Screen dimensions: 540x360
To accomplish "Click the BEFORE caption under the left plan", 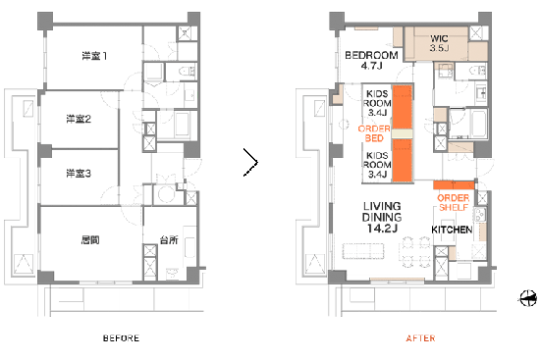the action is point(121,338).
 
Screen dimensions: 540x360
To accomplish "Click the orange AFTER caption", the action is point(420,338).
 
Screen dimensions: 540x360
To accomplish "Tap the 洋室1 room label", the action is point(94,56).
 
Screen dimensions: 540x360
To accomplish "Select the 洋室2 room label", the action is point(79,119).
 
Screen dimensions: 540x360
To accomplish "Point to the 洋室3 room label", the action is point(79,173).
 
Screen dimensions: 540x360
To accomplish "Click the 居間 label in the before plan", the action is point(90,239).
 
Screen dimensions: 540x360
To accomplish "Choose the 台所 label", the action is point(169,239).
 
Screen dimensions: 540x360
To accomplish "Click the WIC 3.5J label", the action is point(439,43).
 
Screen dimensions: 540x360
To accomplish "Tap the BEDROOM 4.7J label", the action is point(371,60).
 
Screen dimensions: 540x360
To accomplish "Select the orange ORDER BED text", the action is point(374,133).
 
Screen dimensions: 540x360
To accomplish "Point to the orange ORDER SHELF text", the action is point(454,203).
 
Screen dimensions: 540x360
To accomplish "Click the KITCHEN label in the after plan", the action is point(452,230).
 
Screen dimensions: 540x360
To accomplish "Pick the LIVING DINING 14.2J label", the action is point(382,217).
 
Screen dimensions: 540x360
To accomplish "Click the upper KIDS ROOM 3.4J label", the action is point(377,103).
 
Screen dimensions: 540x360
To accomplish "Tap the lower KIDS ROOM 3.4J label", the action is point(377,165).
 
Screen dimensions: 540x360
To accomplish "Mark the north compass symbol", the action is point(527,298).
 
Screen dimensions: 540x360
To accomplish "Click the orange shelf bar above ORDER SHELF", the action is point(454,184).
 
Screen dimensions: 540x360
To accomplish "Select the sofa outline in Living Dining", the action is point(363,250).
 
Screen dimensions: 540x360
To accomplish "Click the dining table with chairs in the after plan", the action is point(416,252).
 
